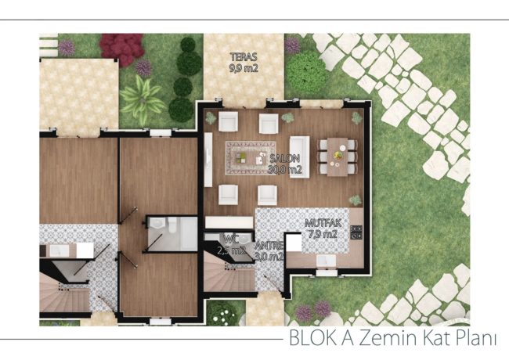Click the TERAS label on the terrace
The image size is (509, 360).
244,57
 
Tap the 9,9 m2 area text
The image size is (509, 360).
244,68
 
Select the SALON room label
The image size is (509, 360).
285,159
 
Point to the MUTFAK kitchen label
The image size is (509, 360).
323,223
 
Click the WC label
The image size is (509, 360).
231,239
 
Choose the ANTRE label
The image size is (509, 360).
269,246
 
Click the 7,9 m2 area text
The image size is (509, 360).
323,234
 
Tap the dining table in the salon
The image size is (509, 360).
338,157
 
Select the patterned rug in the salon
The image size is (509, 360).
251,158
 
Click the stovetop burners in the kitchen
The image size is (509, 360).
356,232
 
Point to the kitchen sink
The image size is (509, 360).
327,260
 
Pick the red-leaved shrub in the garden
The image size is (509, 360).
121,49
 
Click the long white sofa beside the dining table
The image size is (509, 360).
299,157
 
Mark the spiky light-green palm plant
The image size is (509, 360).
143,99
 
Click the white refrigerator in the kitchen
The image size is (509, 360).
294,242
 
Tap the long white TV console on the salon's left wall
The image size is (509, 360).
208,160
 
